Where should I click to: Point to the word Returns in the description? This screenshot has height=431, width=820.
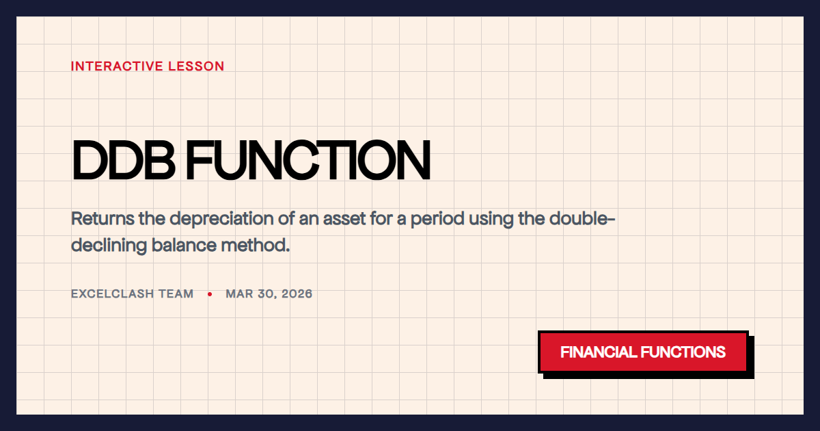click(x=100, y=220)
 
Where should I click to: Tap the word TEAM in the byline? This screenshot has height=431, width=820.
click(x=177, y=294)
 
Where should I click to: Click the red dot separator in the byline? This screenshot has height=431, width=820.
click(x=210, y=294)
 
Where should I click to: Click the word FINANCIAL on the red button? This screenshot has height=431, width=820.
click(x=598, y=352)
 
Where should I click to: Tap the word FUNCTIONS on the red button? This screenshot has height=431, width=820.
click(x=683, y=352)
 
